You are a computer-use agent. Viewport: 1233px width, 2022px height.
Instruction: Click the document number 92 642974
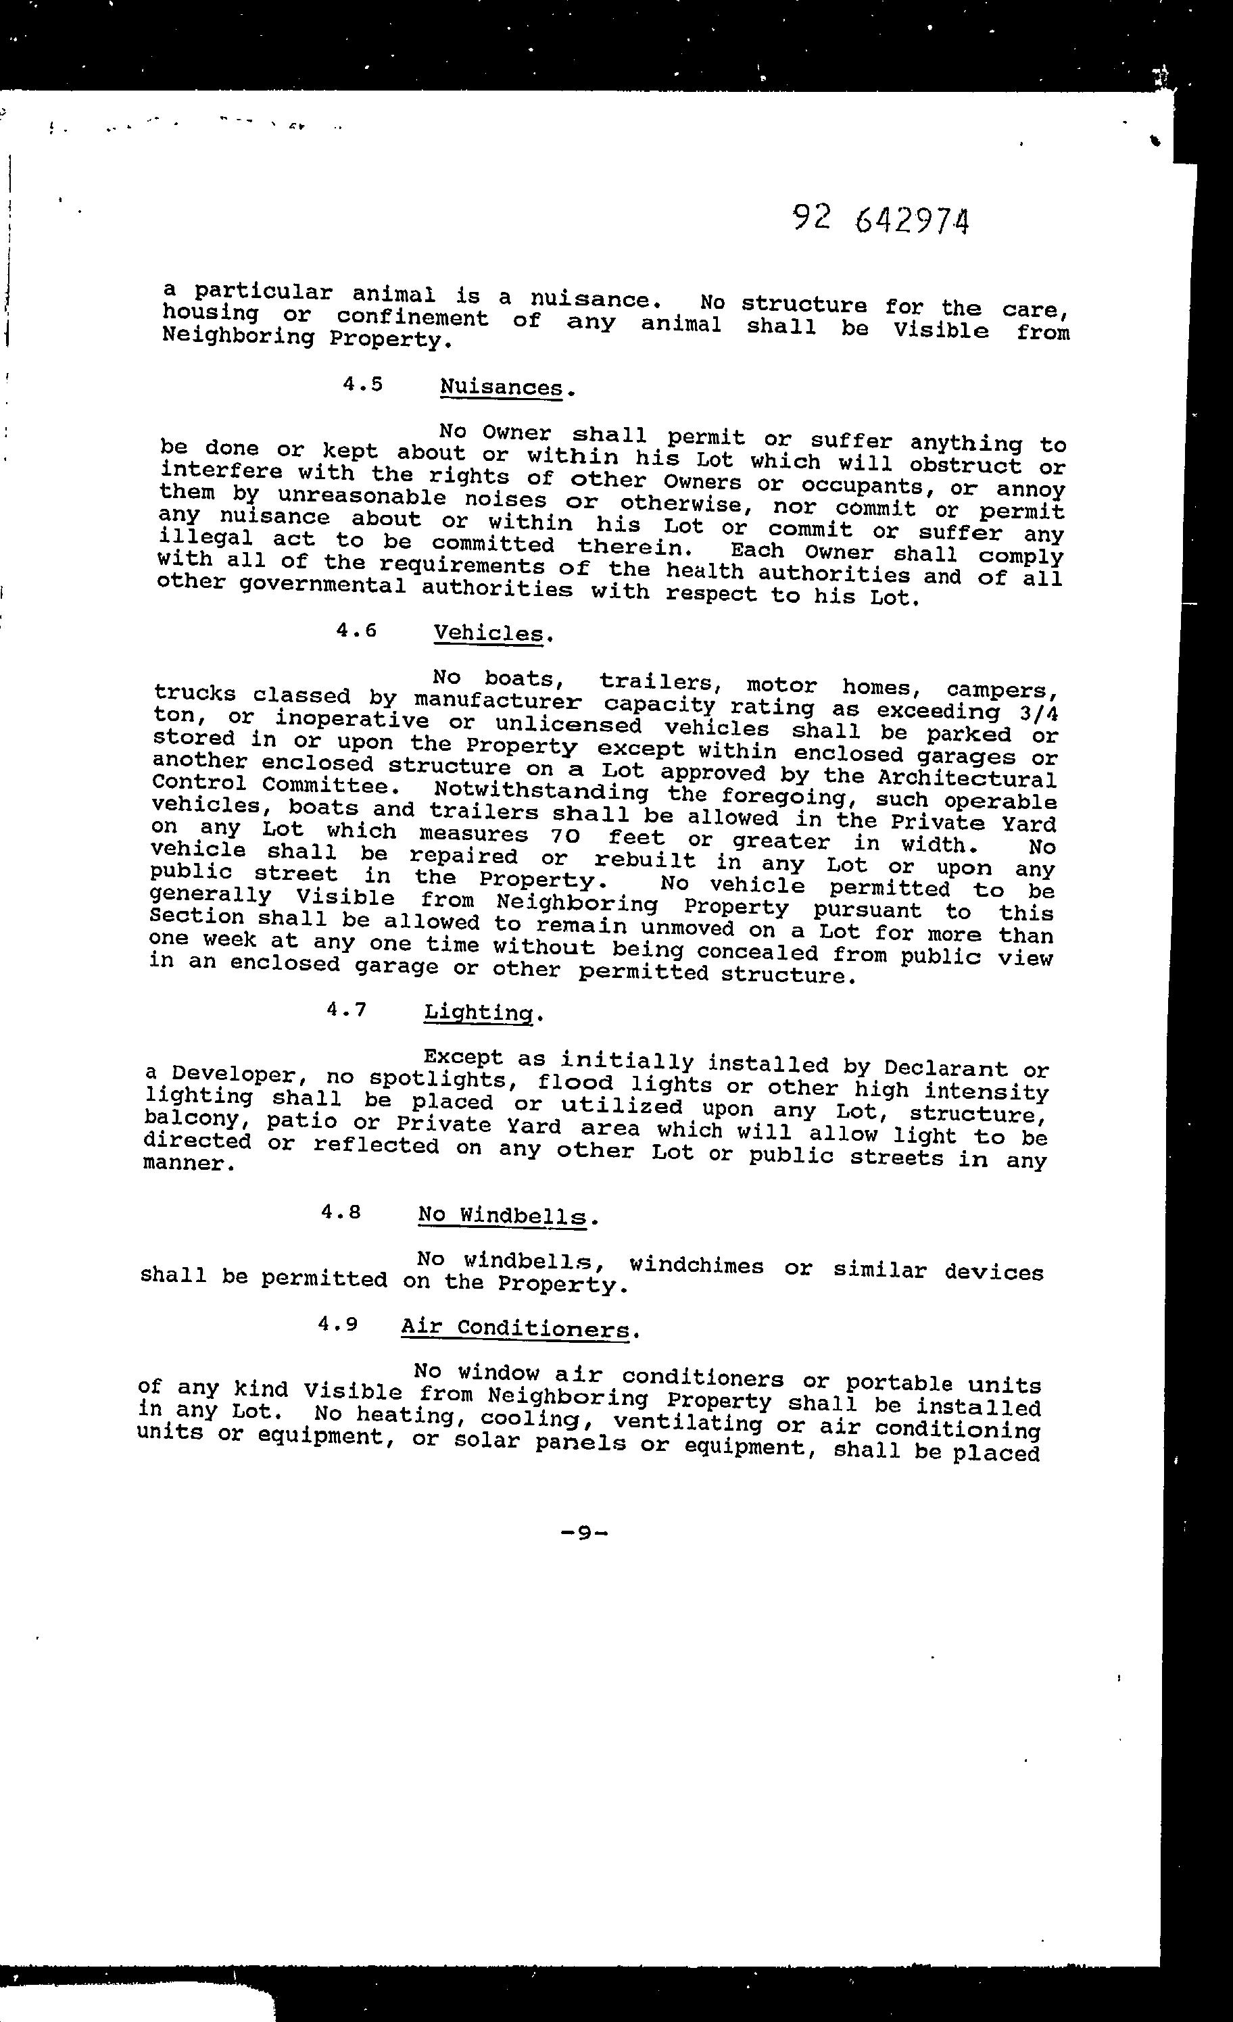[x=880, y=220]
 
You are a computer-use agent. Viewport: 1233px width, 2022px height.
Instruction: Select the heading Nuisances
[x=502, y=387]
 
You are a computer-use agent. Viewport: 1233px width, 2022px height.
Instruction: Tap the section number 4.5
[x=363, y=384]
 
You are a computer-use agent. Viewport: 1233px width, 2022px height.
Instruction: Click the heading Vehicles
[x=489, y=633]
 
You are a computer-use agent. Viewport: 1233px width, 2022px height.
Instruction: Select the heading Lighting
[x=479, y=1012]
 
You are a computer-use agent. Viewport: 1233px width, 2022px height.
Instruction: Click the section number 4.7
[x=345, y=1010]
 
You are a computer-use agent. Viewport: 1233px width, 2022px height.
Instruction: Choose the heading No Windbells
[x=502, y=1215]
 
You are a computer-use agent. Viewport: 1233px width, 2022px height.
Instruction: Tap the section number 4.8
[x=341, y=1211]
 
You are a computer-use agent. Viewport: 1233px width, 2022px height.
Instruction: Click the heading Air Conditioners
[x=514, y=1329]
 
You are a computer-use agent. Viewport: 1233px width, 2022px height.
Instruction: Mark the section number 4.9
[x=338, y=1325]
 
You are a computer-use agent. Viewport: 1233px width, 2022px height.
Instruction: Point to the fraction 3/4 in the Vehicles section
[x=1038, y=712]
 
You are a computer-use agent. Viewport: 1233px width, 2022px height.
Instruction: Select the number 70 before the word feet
[x=567, y=836]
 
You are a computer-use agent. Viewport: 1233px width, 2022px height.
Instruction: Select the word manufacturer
[x=498, y=702]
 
